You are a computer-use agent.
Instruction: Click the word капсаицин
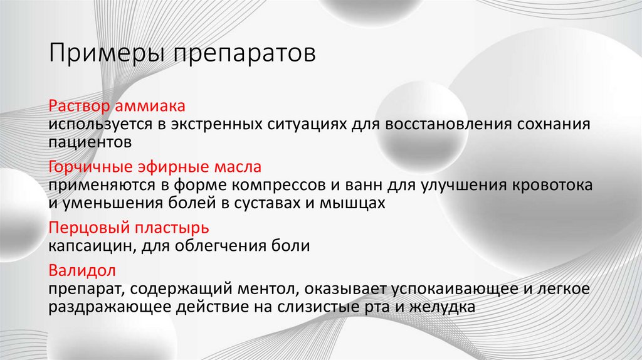87,246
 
